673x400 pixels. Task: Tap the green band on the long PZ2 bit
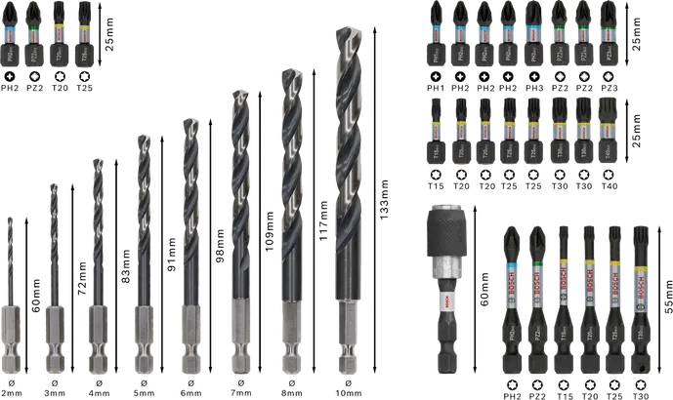point(538,263)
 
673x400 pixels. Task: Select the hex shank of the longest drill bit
point(349,337)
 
